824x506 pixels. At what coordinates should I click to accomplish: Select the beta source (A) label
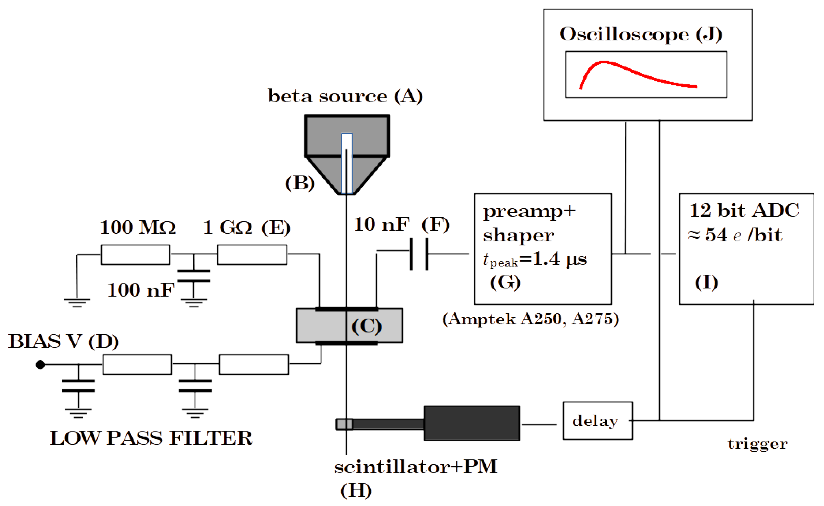(345, 96)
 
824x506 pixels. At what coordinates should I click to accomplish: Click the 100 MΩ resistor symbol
(136, 255)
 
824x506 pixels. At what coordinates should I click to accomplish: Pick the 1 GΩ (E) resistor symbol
(252, 255)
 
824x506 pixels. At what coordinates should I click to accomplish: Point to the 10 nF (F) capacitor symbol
(419, 254)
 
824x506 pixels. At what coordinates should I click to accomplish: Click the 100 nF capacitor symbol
(194, 276)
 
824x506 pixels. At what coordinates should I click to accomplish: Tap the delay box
(598, 421)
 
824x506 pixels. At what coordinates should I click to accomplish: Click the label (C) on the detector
(366, 326)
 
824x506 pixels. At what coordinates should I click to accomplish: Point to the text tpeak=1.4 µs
(535, 259)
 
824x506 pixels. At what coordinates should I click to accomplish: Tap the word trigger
(757, 444)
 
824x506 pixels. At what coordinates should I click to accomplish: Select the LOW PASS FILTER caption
(151, 438)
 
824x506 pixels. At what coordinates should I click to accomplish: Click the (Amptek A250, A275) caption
(531, 319)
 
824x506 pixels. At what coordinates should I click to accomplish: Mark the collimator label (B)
(300, 183)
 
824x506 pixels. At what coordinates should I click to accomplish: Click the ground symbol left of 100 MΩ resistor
(77, 302)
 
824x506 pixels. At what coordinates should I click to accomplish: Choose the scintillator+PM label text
(416, 467)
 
